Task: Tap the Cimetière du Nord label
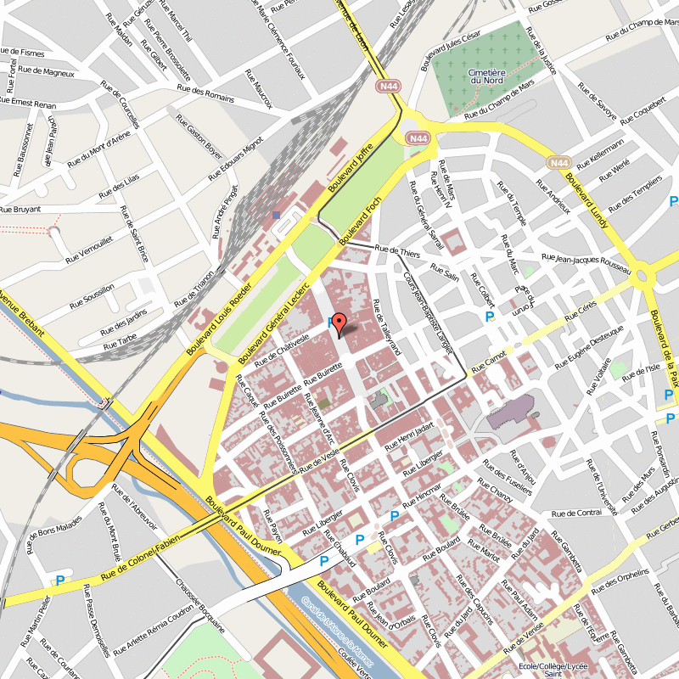487,76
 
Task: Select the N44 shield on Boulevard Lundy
558,162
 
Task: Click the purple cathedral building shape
509,413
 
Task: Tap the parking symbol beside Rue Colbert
490,317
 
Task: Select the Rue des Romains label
205,92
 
